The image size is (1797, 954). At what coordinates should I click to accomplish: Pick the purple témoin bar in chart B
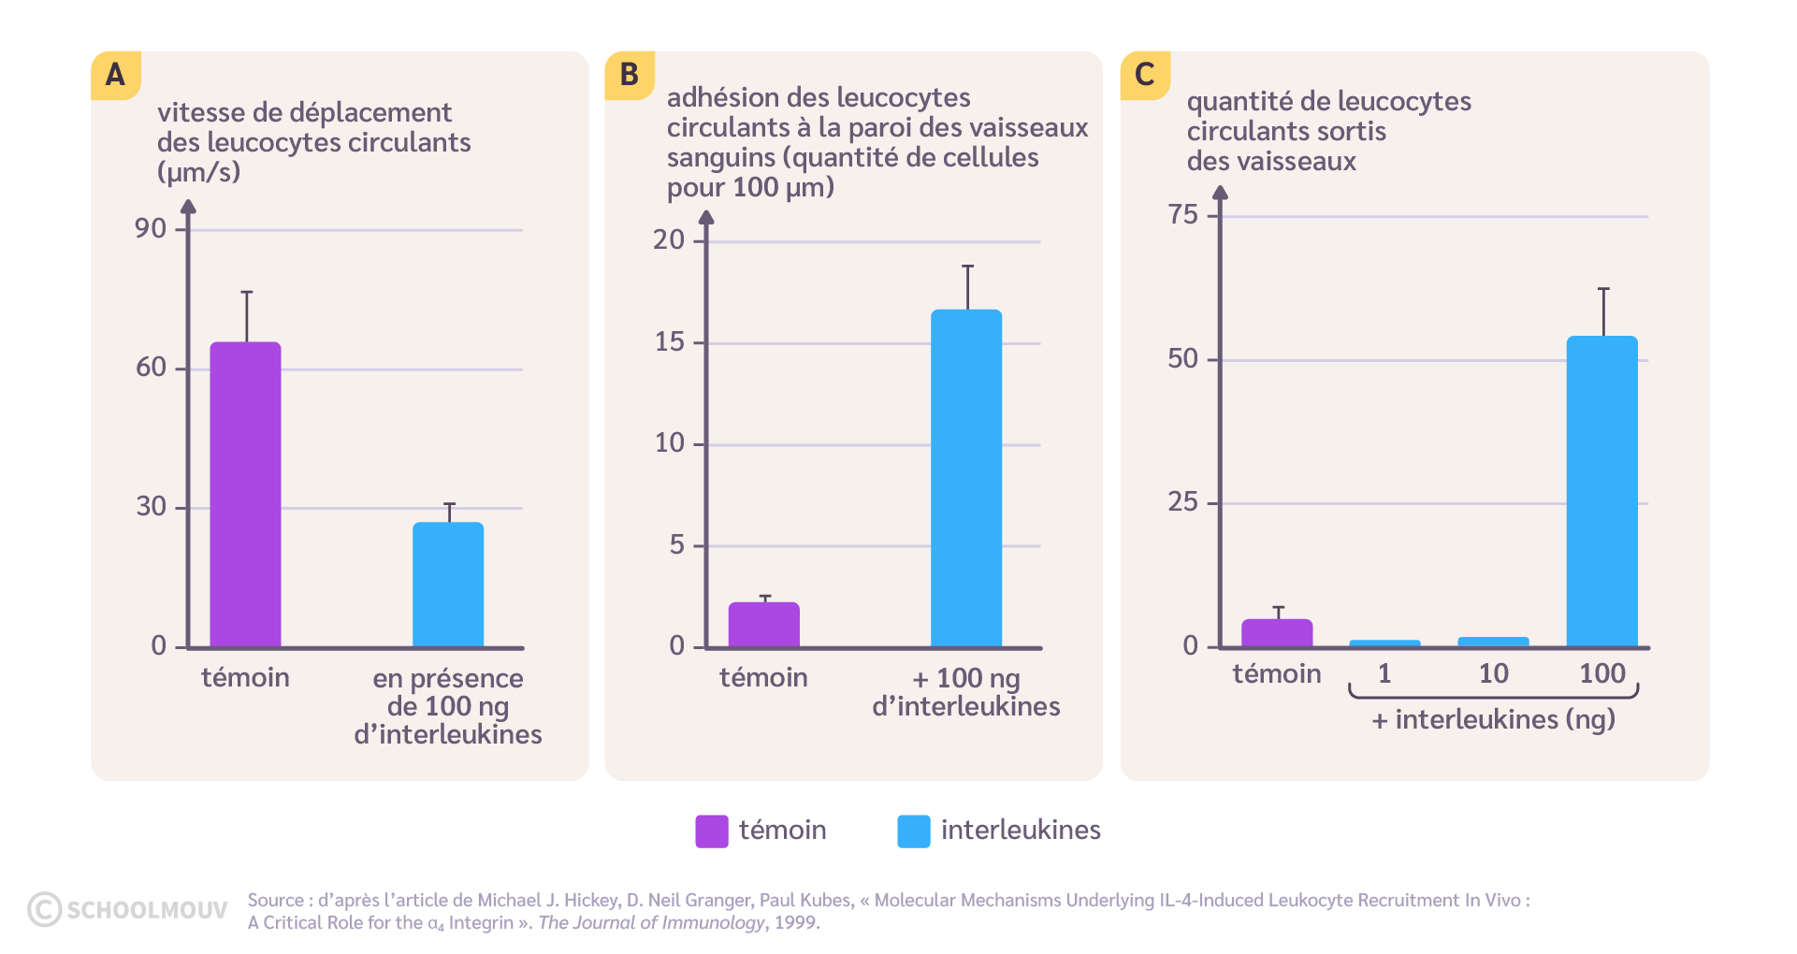point(763,624)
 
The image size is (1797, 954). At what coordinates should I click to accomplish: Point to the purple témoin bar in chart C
point(1277,632)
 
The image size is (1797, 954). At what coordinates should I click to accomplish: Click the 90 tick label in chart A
point(150,228)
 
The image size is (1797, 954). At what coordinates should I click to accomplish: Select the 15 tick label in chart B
point(669,342)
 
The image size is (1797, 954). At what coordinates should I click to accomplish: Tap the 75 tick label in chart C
point(1182,215)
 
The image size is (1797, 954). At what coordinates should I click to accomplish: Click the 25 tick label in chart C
point(1182,502)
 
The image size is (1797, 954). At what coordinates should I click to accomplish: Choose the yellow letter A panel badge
point(115,75)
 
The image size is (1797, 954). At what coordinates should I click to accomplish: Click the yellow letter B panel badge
point(630,75)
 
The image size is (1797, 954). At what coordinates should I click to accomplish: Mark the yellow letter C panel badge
point(1144,75)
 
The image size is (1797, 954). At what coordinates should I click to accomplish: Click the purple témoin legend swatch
point(711,831)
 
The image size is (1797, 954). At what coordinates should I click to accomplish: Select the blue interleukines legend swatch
point(913,831)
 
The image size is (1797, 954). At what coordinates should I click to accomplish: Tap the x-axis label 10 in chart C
point(1493,673)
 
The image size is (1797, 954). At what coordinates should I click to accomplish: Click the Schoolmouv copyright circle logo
point(45,909)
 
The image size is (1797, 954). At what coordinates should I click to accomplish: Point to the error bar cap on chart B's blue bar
point(967,267)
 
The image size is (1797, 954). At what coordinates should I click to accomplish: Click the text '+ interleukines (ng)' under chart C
point(1493,719)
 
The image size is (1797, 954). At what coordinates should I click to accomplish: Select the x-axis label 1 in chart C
point(1384,673)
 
